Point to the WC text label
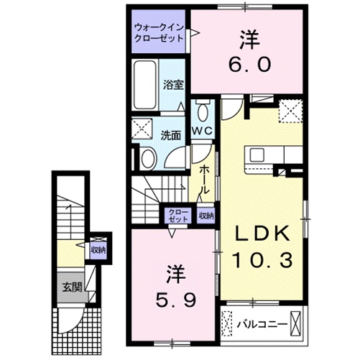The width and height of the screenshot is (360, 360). pyautogui.click(x=201, y=131)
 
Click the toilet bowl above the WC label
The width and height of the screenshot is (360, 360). pyautogui.click(x=202, y=111)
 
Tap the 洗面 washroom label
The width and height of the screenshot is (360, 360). pyautogui.click(x=170, y=134)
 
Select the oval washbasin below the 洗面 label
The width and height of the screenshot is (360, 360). pyautogui.click(x=149, y=160)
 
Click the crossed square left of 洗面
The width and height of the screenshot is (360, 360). pyautogui.click(x=141, y=129)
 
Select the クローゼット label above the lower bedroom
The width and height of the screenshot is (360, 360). pyautogui.click(x=176, y=215)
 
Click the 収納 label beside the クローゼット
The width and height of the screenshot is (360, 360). pyautogui.click(x=206, y=215)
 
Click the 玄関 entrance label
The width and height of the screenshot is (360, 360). pyautogui.click(x=70, y=288)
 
